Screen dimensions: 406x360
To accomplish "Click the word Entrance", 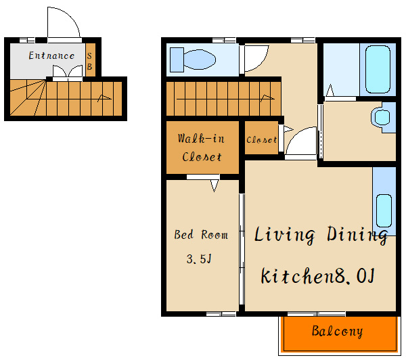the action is [51, 55].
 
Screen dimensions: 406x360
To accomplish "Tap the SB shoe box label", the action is [89, 61].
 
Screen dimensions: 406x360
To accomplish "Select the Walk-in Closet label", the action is [202, 148].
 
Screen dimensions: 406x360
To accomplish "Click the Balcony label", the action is [337, 332].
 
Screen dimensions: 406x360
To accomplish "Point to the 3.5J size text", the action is [199, 258].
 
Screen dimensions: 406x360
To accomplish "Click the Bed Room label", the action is [201, 235].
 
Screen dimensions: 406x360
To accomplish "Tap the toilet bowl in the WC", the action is [200, 60].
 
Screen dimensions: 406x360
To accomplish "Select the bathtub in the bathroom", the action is [378, 69].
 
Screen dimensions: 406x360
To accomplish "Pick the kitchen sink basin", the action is [384, 211].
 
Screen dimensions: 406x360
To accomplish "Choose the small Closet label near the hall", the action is [261, 140].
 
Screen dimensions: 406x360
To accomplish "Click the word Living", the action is [285, 235].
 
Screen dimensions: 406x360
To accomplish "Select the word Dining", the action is [357, 235].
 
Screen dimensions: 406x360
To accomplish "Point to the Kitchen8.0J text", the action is [318, 276].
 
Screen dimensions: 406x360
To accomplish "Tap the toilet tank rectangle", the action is [177, 60].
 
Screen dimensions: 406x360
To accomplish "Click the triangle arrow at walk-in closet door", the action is [215, 185].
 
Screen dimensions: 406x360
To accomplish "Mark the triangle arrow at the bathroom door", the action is [330, 90].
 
